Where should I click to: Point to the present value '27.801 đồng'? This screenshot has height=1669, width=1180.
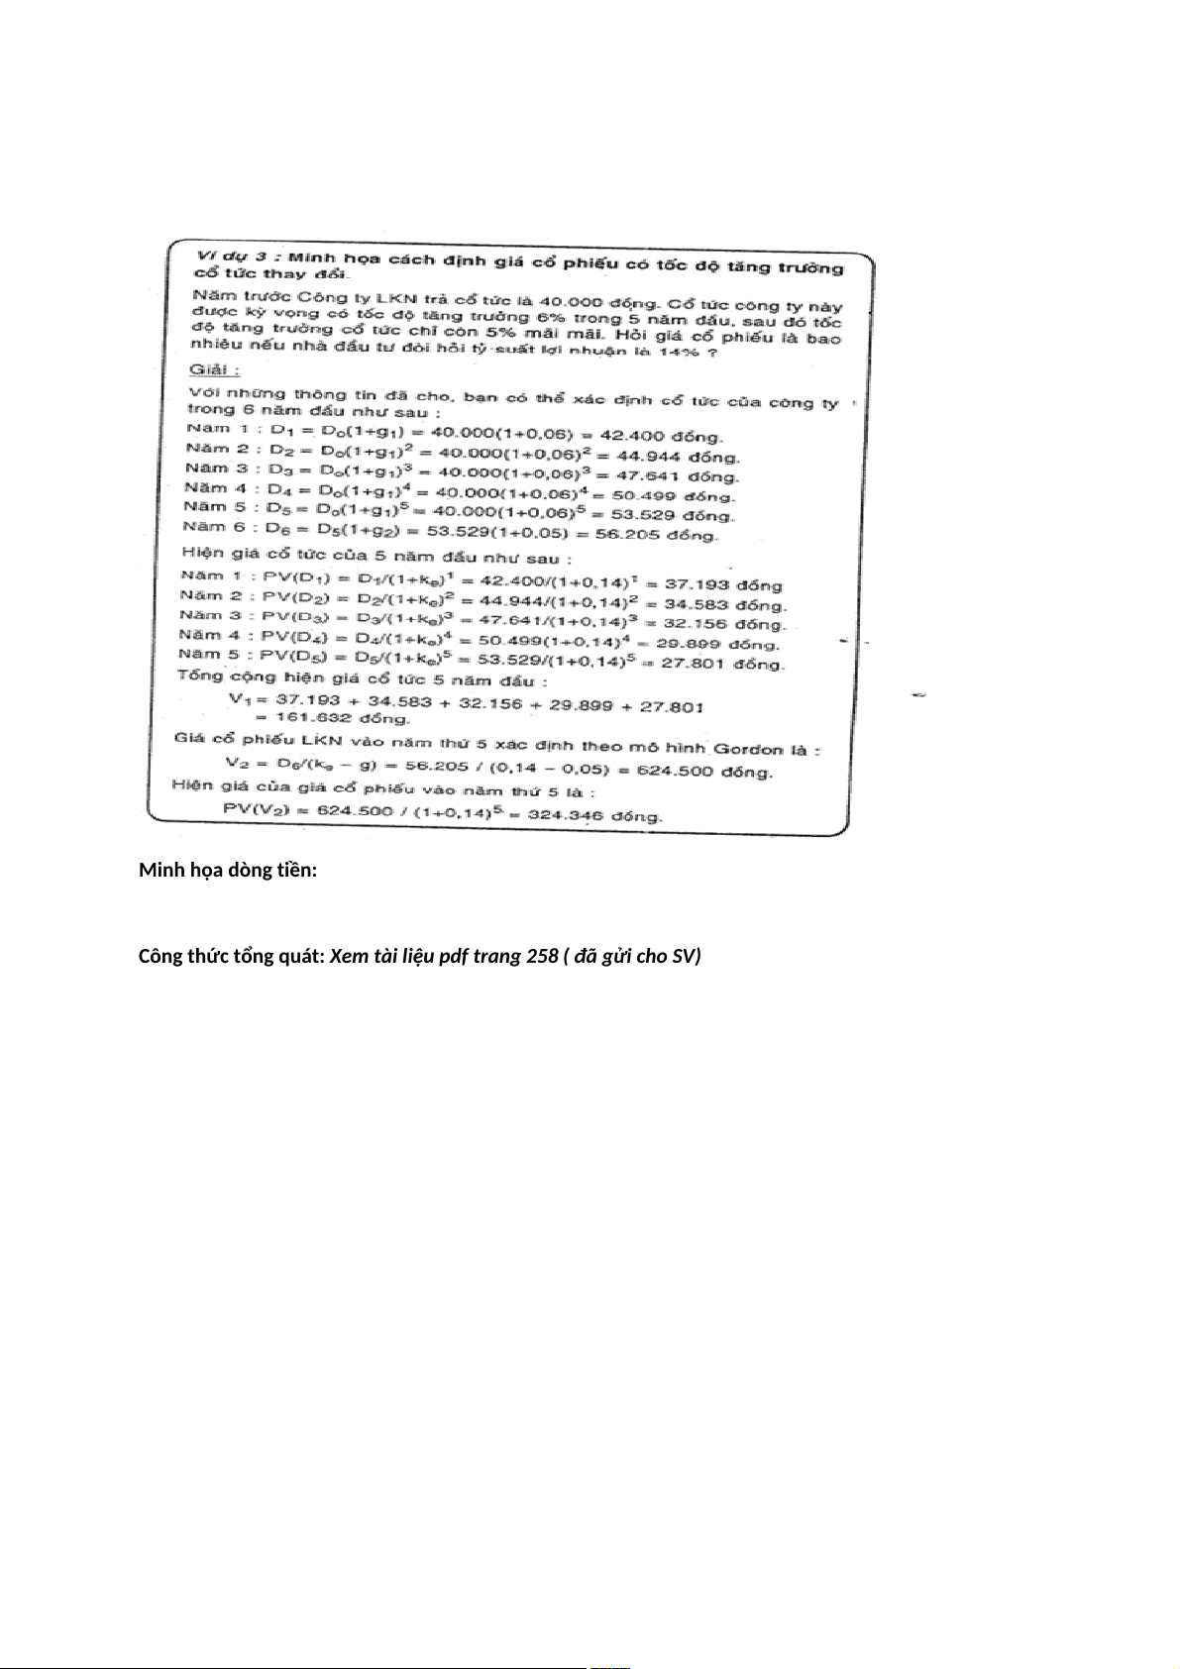722,664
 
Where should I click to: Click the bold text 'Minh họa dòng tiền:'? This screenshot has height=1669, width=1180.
228,870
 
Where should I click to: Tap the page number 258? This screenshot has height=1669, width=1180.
540,956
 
